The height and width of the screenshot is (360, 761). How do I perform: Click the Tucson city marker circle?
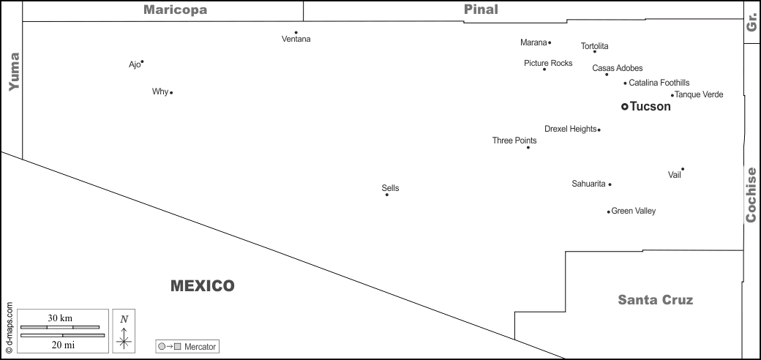624,107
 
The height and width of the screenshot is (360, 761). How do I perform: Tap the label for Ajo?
134,64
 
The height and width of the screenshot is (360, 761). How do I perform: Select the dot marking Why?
171,93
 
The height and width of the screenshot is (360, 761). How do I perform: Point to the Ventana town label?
296,40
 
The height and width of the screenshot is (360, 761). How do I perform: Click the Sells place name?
390,188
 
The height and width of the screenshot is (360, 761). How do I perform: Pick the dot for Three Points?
528,148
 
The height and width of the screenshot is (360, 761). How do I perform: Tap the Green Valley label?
633,211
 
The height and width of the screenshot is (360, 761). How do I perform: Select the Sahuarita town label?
588,184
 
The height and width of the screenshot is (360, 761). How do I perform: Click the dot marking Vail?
683,169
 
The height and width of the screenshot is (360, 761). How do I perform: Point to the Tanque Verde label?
699,94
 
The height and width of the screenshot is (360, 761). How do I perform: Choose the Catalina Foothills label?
659,83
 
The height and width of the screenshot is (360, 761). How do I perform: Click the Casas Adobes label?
618,68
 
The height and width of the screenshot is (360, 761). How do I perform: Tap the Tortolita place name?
594,46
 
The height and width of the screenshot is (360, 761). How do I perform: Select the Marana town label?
533,42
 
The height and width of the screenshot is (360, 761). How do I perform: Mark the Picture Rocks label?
548,63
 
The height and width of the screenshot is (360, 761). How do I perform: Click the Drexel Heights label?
570,129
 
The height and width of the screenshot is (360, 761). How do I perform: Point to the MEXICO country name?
202,285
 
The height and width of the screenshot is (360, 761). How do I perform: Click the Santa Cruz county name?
655,299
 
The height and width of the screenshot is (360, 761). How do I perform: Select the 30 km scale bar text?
60,318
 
